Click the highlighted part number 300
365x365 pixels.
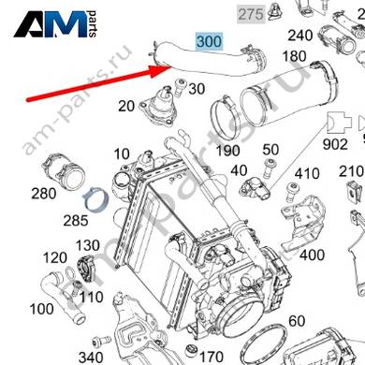coord(210,41)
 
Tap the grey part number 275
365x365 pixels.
coord(251,14)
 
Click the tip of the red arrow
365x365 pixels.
coord(170,66)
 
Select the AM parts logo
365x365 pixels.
coord(55,24)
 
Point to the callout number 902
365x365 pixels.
coord(335,144)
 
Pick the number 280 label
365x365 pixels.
coord(44,194)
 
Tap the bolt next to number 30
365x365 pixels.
coord(180,87)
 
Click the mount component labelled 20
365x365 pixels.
coord(158,107)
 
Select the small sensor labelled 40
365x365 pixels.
coord(255,190)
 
